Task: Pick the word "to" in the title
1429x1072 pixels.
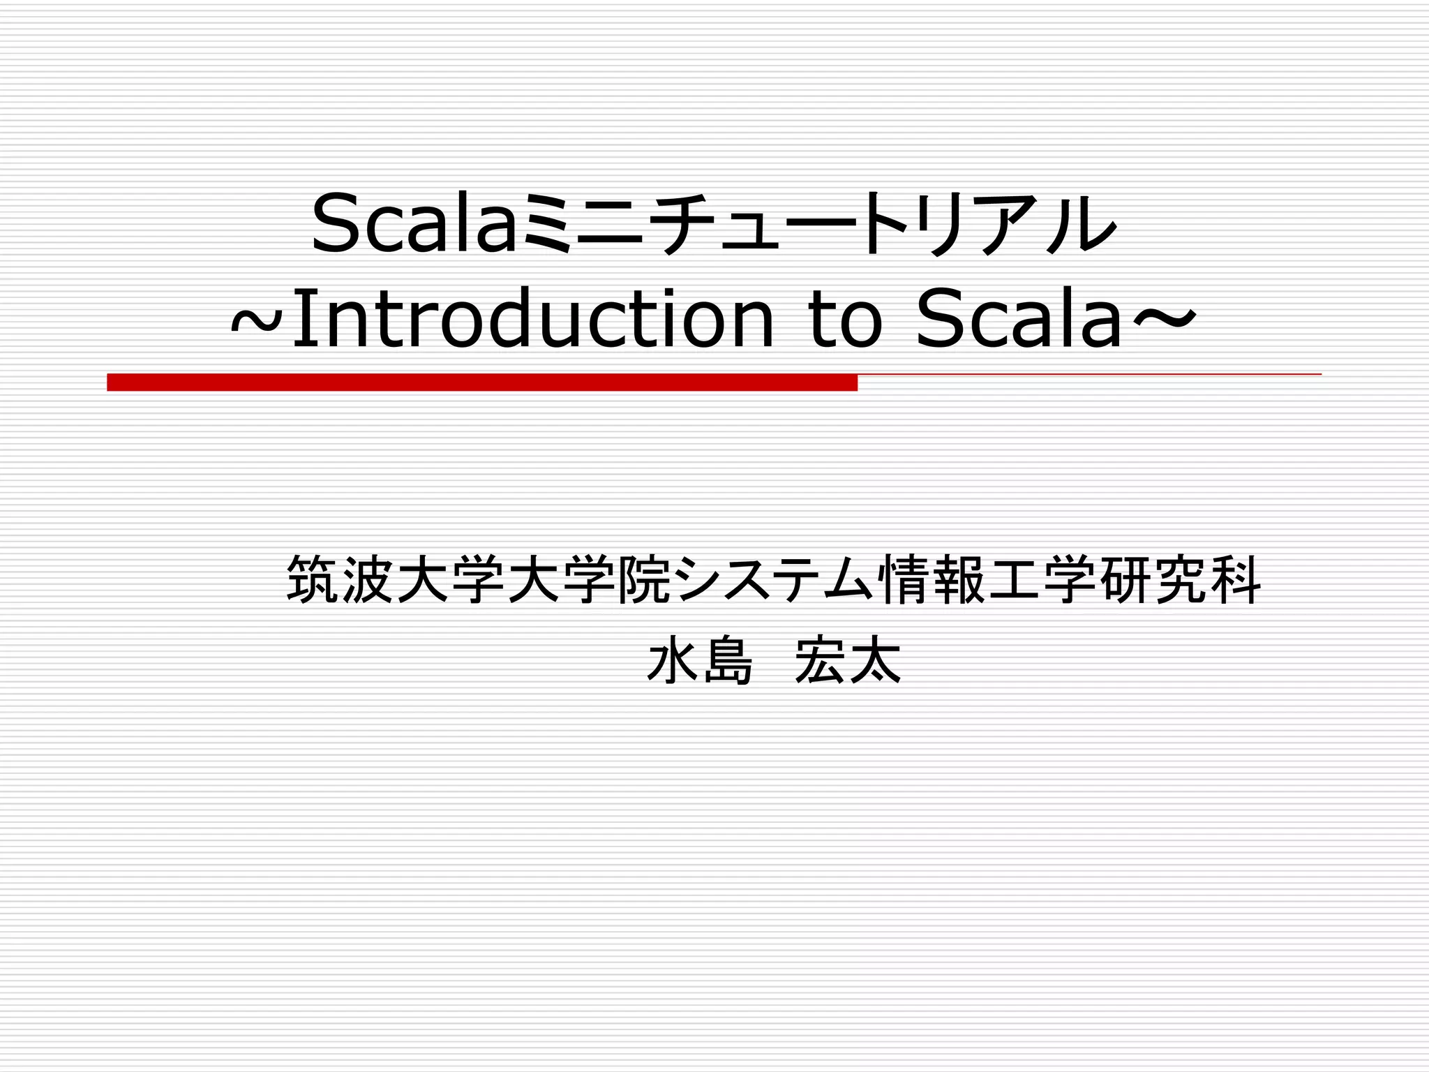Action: (846, 320)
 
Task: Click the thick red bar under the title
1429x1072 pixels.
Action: (481, 382)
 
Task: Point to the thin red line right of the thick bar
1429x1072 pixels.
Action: (1088, 375)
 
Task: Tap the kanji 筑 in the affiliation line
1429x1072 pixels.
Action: (313, 579)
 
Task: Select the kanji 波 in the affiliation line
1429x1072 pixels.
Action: (368, 579)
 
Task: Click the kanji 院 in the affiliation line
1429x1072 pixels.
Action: (645, 579)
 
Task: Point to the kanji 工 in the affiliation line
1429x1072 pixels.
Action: (1015, 579)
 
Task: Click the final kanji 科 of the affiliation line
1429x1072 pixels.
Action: (1236, 579)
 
